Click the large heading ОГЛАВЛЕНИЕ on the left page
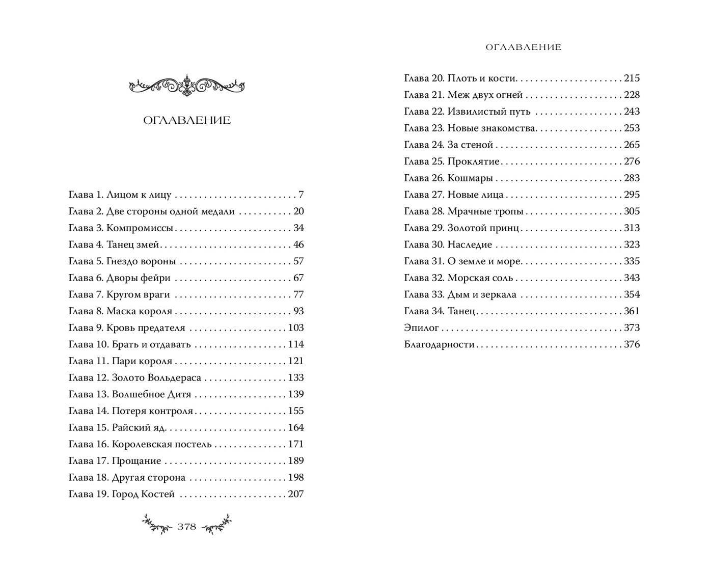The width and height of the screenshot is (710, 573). coord(187,120)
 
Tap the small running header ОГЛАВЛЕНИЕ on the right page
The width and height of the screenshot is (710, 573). coord(523,47)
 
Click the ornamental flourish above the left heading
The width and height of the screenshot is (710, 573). coord(187,85)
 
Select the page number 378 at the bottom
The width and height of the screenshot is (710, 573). coord(187,527)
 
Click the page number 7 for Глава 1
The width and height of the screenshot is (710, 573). coord(301,195)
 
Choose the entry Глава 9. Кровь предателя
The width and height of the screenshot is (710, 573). coord(127,328)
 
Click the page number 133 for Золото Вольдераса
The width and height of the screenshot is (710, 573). coord(295,377)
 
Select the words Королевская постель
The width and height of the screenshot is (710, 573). coord(161,444)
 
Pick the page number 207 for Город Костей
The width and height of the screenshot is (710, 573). coord(295,494)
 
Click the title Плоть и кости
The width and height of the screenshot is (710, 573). coord(482,78)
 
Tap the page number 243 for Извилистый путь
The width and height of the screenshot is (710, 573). coord(632,111)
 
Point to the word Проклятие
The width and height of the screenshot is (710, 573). coord(473,161)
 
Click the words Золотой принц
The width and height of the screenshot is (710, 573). coord(483,228)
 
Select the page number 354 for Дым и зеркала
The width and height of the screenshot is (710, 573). coord(632,294)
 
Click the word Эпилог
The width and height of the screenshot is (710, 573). coord(421,328)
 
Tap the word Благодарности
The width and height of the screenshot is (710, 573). coord(439,344)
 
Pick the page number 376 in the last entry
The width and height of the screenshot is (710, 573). coord(632,344)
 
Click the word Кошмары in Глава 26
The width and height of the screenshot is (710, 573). coord(470,178)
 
